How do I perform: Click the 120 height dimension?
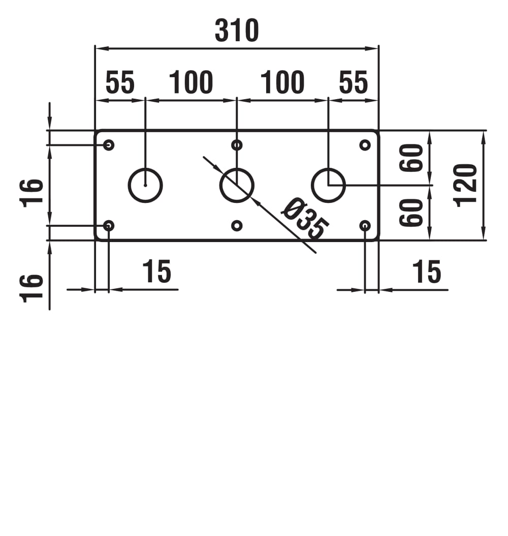466,185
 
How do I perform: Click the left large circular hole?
145,185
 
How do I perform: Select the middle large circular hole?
237,185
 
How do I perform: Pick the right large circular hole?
328,185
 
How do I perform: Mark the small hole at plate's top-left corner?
109,145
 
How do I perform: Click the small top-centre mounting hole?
237,145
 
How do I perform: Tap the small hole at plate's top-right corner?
365,145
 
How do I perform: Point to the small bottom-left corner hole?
109,225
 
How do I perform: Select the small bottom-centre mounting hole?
237,225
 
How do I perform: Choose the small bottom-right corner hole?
365,225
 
